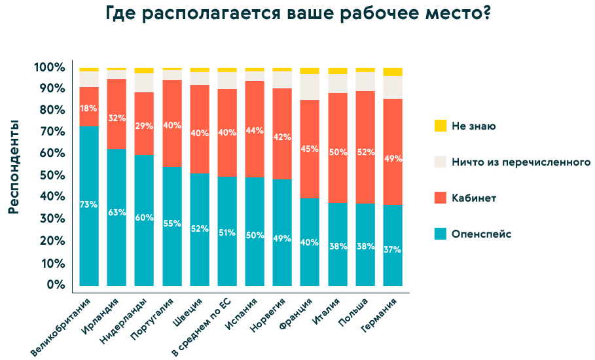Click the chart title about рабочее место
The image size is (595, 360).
[298, 15]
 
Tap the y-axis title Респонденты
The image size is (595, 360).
[14, 168]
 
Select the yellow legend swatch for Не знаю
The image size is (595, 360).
[440, 126]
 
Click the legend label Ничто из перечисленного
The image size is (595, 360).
[520, 162]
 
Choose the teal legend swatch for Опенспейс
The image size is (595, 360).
[440, 234]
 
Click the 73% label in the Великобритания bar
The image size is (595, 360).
[89, 204]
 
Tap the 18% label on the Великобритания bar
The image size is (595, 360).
[89, 108]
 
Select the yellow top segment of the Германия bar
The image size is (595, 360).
[393, 71]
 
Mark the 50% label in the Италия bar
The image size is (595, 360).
[338, 152]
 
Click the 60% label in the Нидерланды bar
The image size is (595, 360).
[144, 217]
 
